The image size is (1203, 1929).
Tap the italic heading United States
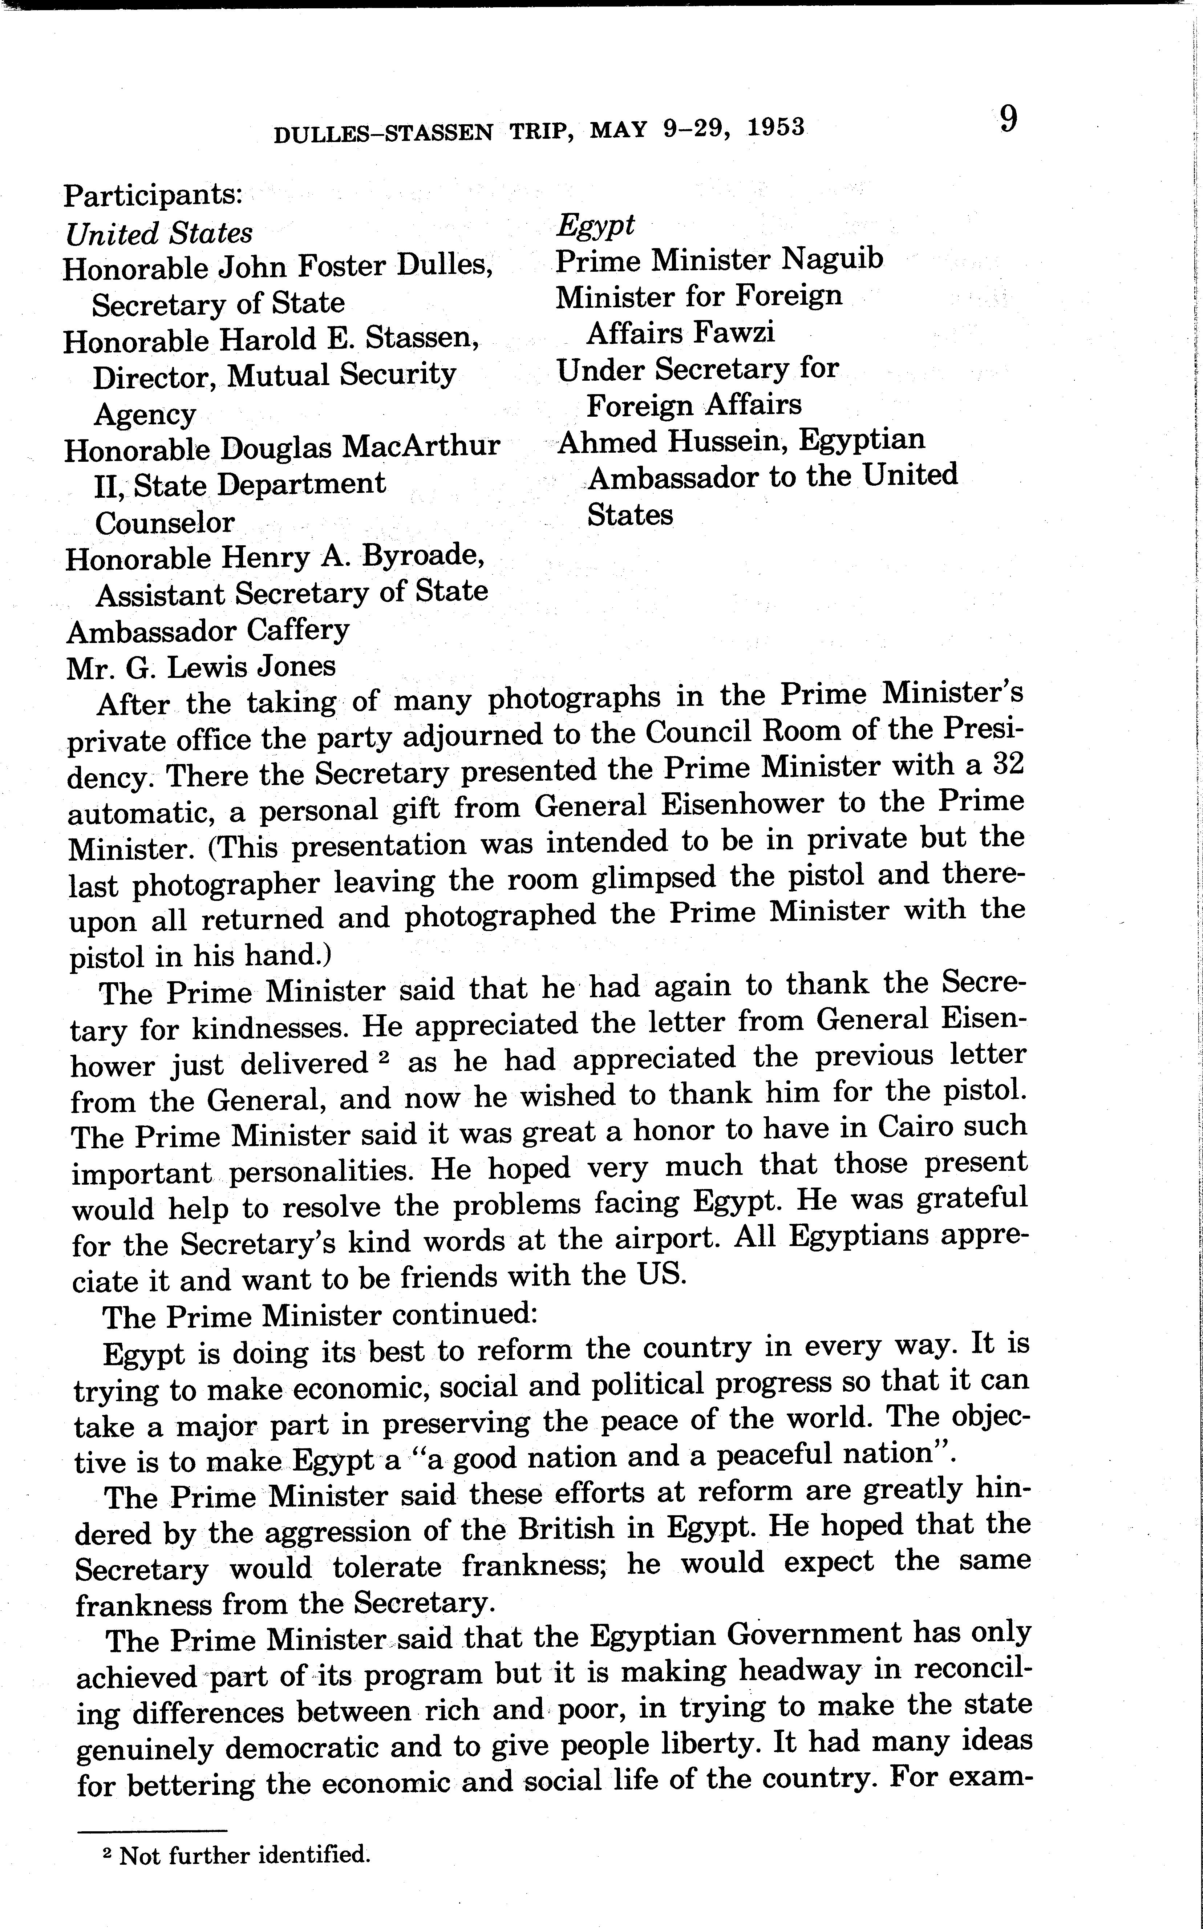pos(159,234)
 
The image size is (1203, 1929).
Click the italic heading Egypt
pos(595,225)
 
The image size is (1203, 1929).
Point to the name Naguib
pos(832,259)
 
